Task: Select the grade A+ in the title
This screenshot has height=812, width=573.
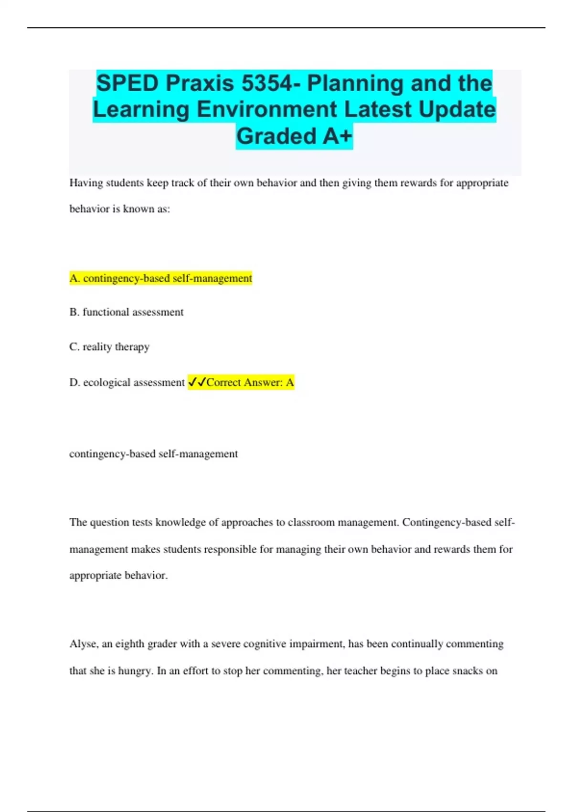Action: (337, 136)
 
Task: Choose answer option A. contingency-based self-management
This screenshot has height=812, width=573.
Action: (160, 278)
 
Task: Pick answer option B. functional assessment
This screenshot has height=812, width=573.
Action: (127, 312)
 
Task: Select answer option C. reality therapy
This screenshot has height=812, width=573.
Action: (109, 347)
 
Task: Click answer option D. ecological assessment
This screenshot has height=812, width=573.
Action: (127, 383)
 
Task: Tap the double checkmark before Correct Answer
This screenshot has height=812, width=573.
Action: (197, 382)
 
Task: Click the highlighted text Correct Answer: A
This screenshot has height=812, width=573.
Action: (250, 383)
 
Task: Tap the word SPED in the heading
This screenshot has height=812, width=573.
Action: (127, 84)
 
